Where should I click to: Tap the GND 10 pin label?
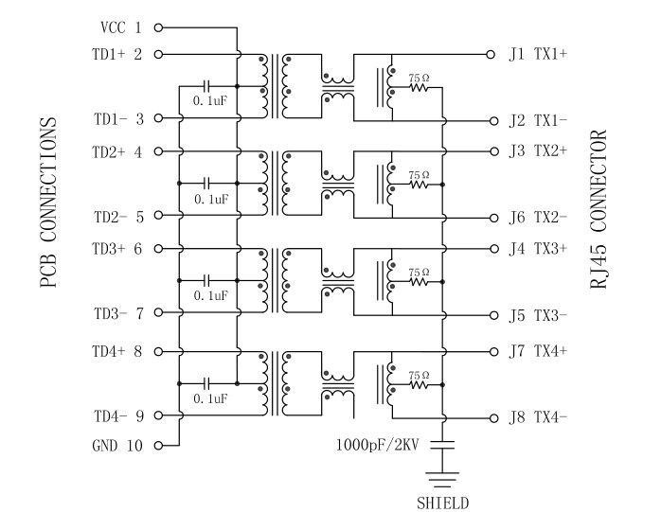click(118, 445)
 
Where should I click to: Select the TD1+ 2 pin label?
click(118, 54)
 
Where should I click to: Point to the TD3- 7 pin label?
click(118, 313)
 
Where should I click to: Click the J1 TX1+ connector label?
click(538, 54)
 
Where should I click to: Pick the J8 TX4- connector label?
click(538, 417)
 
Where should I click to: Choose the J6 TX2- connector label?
click(538, 217)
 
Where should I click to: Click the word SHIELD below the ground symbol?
click(443, 503)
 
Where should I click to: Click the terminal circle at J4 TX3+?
click(491, 249)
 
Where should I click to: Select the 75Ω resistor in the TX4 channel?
click(419, 385)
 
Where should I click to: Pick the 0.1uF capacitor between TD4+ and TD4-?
click(209, 384)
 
